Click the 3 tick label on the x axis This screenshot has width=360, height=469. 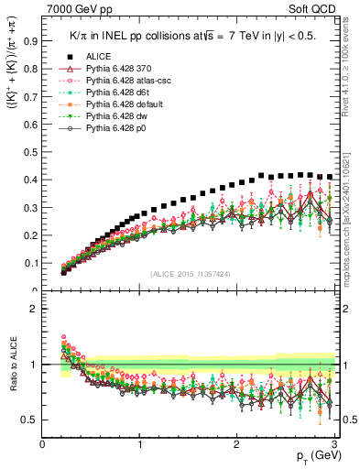click(x=334, y=444)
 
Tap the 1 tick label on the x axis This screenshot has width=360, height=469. click(x=139, y=444)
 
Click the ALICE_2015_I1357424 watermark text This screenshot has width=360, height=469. click(x=189, y=275)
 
